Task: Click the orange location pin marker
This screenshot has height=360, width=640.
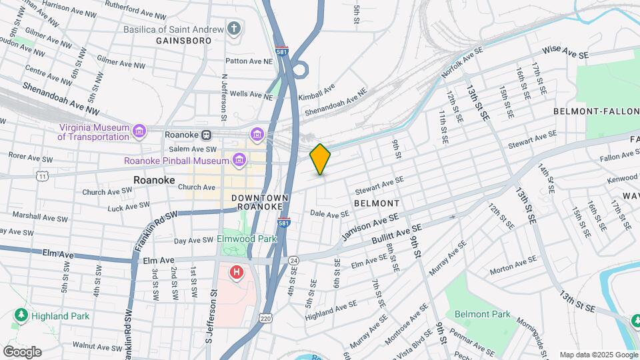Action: [320, 159]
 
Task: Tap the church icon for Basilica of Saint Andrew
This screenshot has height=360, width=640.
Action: [233, 29]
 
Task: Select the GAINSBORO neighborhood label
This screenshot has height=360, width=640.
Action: [183, 41]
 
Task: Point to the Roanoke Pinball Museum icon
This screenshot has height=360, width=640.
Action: [239, 161]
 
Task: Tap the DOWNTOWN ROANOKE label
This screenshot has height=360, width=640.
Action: [260, 203]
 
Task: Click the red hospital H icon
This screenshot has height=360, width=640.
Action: [235, 273]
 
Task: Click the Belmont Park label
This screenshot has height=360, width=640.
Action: [482, 314]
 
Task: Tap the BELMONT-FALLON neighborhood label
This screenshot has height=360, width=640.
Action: [595, 113]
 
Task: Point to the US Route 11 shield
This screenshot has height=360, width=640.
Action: [42, 176]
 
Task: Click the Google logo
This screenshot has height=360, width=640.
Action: [22, 352]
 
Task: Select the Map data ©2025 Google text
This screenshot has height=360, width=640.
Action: [598, 355]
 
